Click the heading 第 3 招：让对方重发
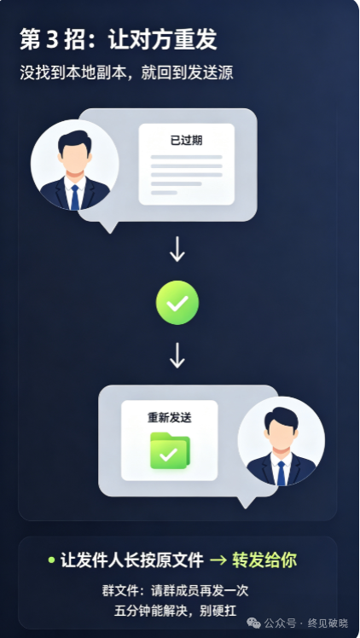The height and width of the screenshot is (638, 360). (119, 39)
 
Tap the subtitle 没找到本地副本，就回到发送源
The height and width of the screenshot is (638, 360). (126, 72)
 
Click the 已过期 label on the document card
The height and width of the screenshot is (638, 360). (186, 141)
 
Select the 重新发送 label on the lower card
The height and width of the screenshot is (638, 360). (169, 418)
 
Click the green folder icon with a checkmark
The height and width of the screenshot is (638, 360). (170, 450)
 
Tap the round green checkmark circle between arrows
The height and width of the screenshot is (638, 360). (177, 303)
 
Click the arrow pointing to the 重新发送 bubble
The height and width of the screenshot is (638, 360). (177, 355)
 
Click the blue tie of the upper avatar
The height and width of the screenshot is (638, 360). (75, 197)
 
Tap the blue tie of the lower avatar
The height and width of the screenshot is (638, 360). (281, 473)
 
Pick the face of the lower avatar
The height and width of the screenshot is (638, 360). (281, 432)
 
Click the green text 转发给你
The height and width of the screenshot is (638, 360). (264, 560)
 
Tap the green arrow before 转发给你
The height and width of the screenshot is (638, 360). (218, 560)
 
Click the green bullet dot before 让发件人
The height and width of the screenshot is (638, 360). (51, 560)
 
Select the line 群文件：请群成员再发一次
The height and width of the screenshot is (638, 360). (176, 590)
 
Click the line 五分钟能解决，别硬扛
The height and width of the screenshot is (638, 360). (176, 611)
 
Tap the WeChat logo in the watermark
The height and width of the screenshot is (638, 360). (254, 623)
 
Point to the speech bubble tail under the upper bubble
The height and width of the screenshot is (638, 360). (109, 227)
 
